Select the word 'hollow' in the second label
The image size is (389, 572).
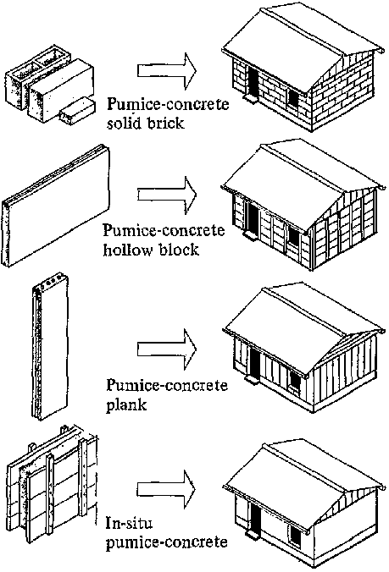click(x=127, y=250)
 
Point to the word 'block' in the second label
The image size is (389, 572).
click(x=179, y=250)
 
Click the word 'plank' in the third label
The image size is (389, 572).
click(x=126, y=405)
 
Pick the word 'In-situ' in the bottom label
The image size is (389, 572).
click(x=124, y=523)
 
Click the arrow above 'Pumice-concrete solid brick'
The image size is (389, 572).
click(x=167, y=71)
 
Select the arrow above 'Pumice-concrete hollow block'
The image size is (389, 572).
click(x=167, y=195)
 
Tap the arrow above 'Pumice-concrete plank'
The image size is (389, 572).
click(x=167, y=349)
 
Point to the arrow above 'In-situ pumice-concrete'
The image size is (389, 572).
click(x=167, y=489)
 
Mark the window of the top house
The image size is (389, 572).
click(x=293, y=97)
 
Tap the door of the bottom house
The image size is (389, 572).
click(x=255, y=516)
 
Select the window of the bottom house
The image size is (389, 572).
click(x=295, y=535)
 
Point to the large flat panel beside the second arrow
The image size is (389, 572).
click(x=56, y=206)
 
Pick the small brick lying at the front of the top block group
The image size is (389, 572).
click(x=77, y=111)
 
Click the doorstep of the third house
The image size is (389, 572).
click(x=251, y=379)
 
